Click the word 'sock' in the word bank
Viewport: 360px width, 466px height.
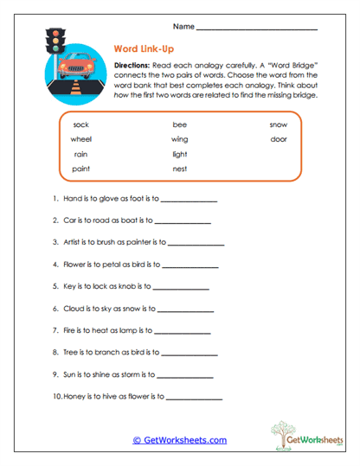click(x=81, y=124)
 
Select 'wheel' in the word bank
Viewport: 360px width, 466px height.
click(x=81, y=138)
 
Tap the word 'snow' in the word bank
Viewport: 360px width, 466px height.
click(x=279, y=124)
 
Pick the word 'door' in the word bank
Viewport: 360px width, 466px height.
click(x=279, y=138)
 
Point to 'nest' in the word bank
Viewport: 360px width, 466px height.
click(x=179, y=169)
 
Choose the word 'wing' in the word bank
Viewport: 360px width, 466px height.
click(x=179, y=138)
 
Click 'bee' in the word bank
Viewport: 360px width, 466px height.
click(x=179, y=124)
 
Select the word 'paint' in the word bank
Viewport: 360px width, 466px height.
click(x=81, y=169)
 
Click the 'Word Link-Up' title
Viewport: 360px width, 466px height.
click(x=144, y=48)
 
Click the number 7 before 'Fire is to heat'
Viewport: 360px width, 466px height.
click(x=55, y=329)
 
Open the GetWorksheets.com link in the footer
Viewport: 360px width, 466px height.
click(x=179, y=440)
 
